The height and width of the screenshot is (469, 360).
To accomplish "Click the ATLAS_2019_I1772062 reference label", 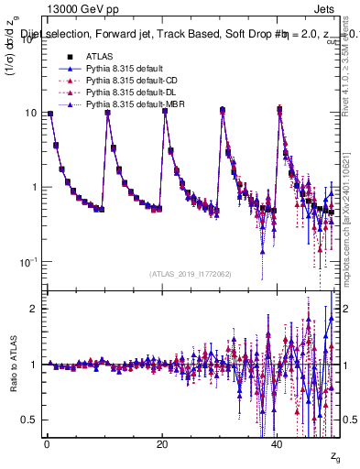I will (x=190, y=273).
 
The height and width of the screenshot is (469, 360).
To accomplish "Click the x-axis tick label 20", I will (x=162, y=444).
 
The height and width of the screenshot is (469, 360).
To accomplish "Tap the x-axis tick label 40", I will (x=278, y=444).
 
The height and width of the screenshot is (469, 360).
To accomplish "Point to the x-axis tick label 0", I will (x=47, y=444).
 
